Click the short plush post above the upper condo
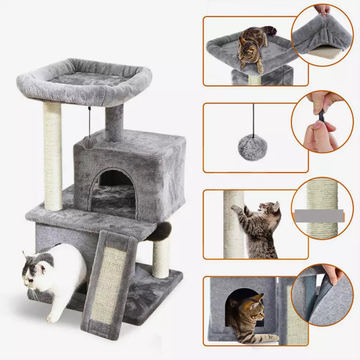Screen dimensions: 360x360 tap(114, 122)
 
